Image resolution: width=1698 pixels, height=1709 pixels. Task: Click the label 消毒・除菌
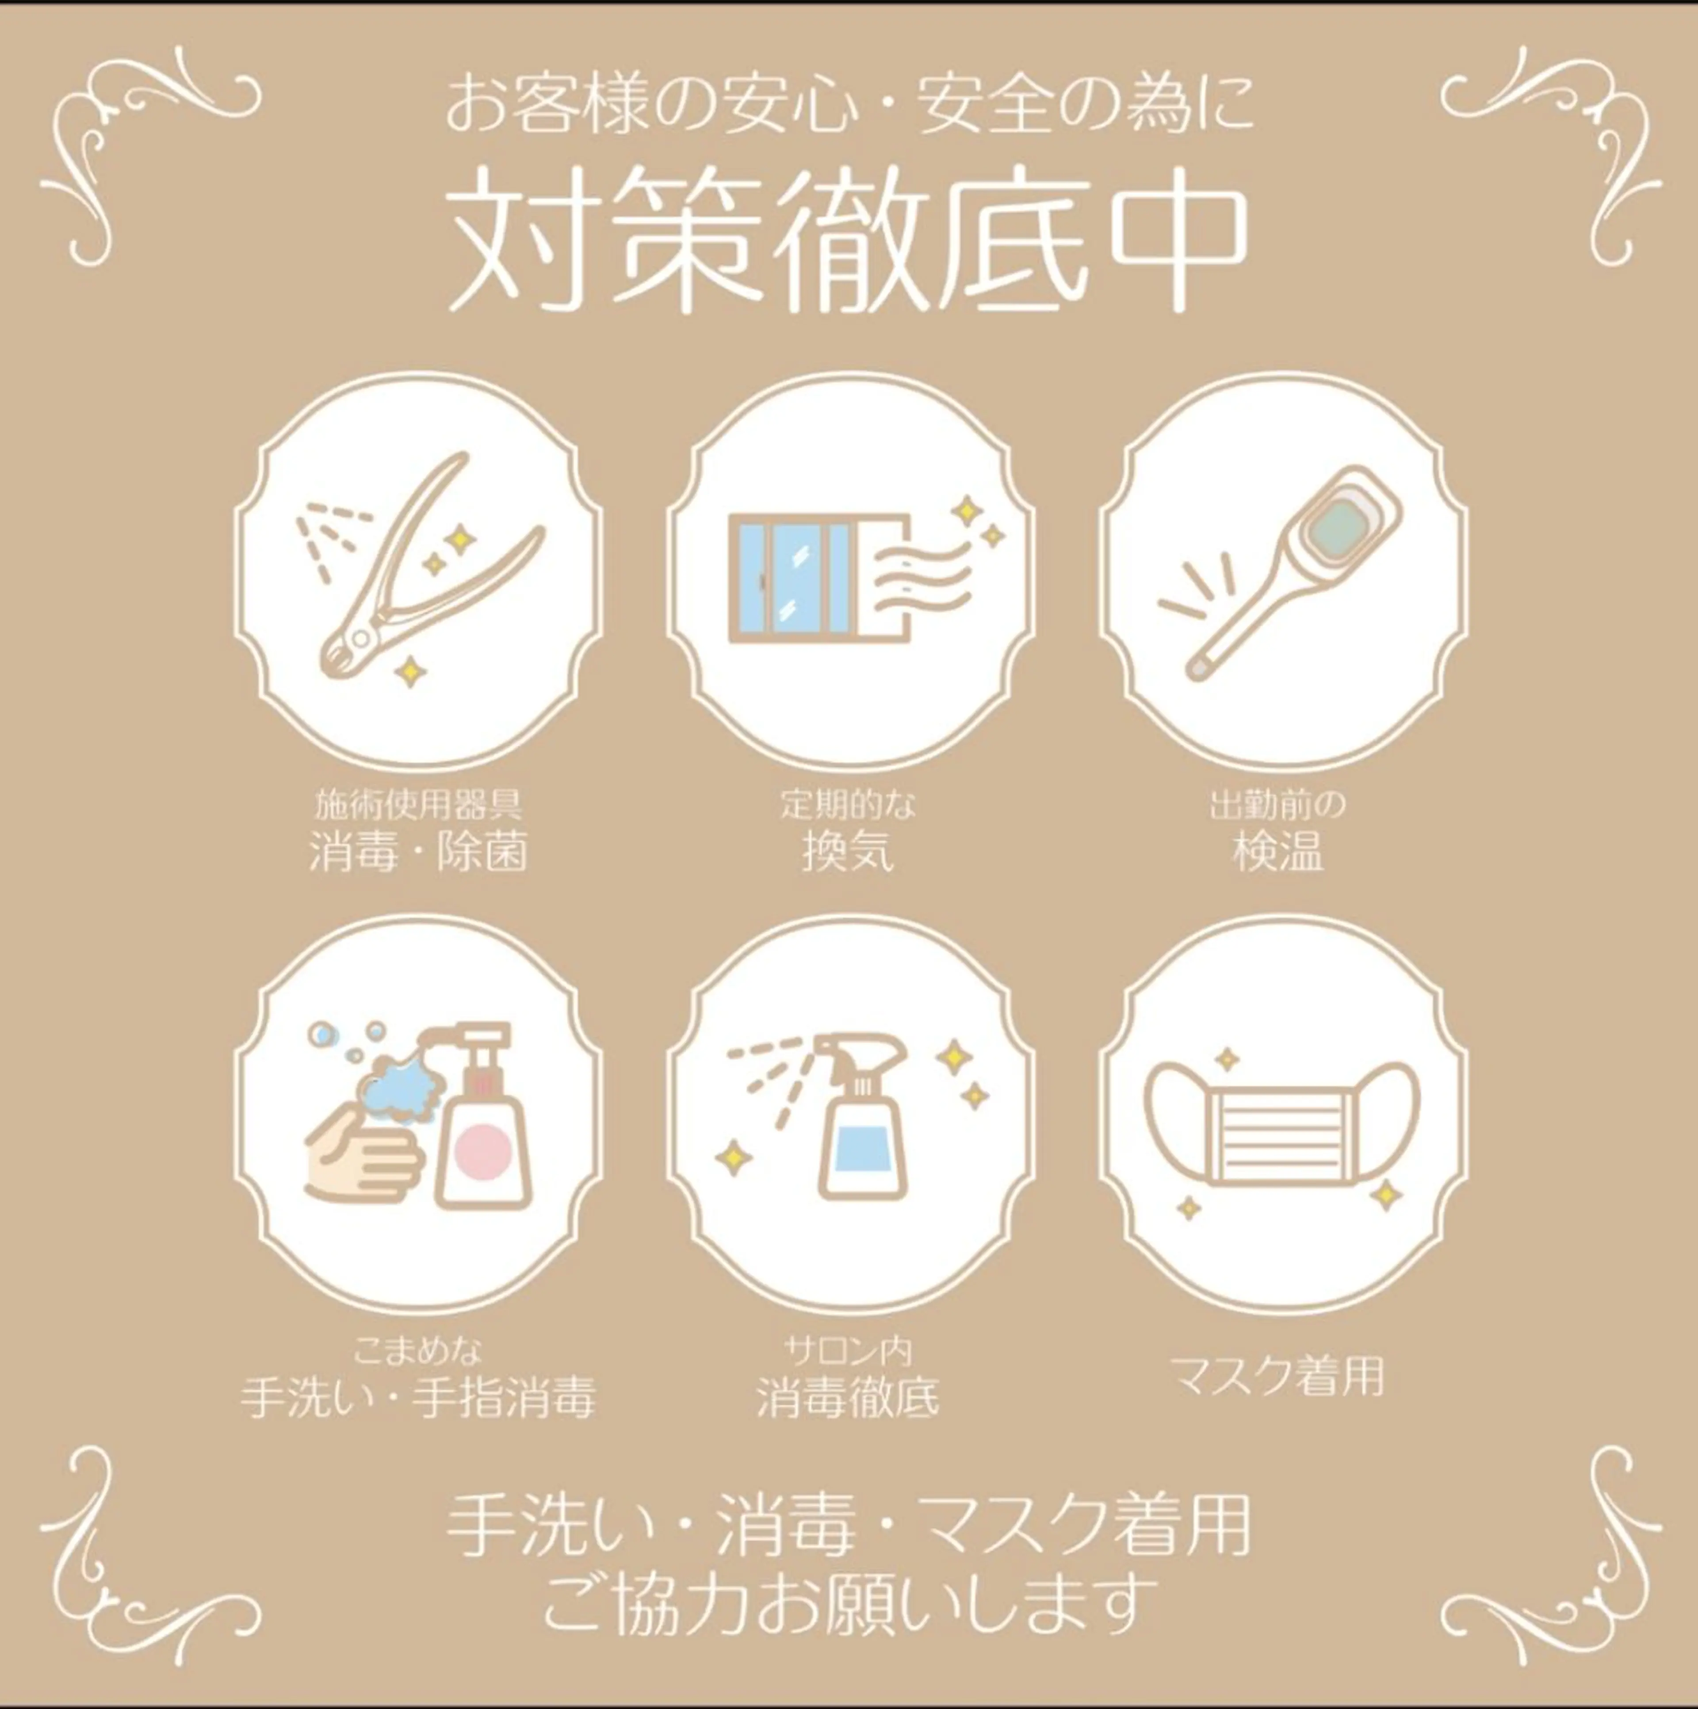[417, 853]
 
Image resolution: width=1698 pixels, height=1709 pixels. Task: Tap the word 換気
[848, 853]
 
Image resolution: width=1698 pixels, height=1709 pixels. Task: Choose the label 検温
[1279, 853]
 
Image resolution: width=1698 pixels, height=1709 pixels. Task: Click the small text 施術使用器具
[417, 805]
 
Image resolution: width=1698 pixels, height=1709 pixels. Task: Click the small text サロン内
[848, 1351]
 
